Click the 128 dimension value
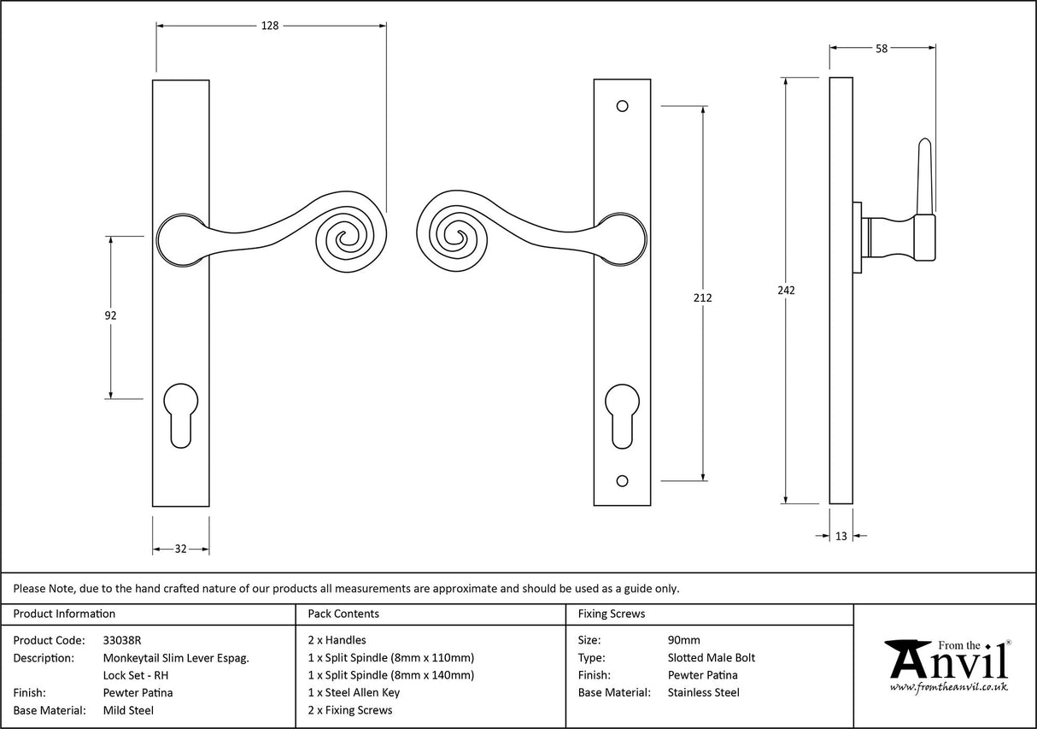(270, 26)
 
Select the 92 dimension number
(110, 315)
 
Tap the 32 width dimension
(180, 549)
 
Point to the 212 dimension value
(703, 298)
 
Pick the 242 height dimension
(786, 291)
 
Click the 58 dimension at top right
(881, 49)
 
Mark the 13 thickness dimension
(841, 536)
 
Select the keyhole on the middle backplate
(622, 414)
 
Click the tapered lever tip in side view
(924, 171)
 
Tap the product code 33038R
(122, 640)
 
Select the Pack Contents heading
(343, 614)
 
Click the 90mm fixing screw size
(683, 640)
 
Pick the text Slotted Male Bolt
(711, 657)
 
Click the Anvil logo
(947, 666)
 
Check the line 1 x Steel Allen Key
(354, 692)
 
